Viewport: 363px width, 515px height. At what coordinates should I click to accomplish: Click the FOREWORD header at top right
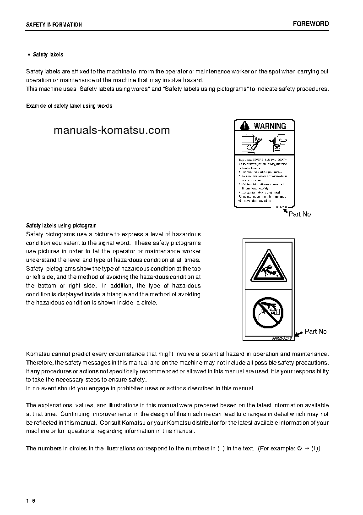311,24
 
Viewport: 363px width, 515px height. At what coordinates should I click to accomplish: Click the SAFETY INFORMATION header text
54,25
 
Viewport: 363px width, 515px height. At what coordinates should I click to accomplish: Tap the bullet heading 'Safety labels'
48,55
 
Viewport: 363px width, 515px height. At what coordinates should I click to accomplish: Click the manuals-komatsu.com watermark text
112,130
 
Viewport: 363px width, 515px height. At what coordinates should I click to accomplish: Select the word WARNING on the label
270,126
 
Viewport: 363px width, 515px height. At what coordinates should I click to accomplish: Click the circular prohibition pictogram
268,313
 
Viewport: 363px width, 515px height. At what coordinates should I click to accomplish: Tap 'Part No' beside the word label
300,214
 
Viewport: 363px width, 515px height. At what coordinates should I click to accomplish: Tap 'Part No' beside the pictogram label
316,332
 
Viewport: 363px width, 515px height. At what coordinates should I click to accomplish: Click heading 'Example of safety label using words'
69,106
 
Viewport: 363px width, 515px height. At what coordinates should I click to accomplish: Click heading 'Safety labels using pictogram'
61,226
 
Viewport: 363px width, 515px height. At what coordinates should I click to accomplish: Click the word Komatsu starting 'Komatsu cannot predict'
38,354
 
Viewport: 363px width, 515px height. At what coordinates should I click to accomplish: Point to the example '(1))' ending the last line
315,448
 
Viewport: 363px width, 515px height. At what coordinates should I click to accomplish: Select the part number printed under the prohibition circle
281,338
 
